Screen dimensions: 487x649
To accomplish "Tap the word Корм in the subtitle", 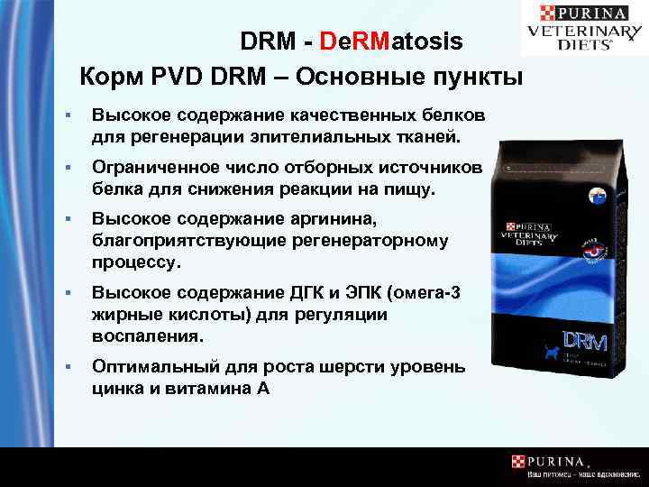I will pos(109,76).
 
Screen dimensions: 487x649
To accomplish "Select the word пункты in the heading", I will pos(477,76).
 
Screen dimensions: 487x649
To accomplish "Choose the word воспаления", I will pos(146,334).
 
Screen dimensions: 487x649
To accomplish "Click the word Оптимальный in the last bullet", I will pos(147,367).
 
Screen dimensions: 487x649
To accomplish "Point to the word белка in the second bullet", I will pos(114,189).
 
